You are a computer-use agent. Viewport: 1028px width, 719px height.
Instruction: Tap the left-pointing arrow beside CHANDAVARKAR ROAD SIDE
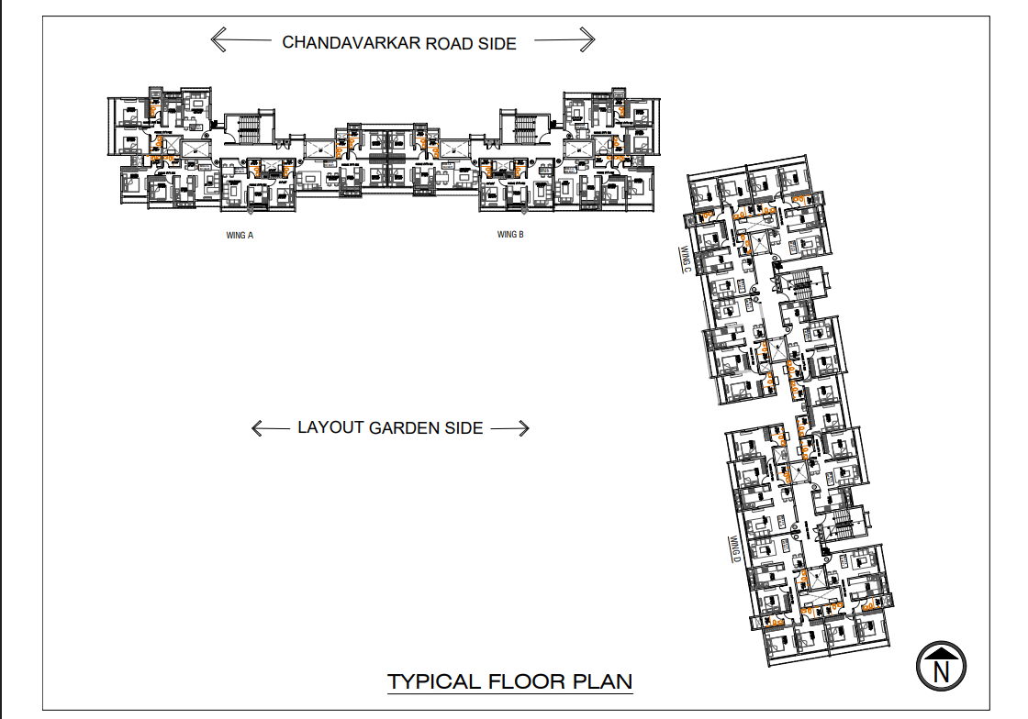[x=240, y=40]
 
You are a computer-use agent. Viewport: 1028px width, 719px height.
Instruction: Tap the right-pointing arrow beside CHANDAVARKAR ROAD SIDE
[x=564, y=39]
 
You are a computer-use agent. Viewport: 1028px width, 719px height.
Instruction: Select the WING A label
[x=240, y=236]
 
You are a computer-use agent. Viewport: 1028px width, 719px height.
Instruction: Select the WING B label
[x=510, y=235]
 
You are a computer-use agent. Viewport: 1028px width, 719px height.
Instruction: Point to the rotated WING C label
[x=685, y=260]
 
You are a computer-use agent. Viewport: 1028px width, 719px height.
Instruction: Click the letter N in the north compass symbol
[x=941, y=669]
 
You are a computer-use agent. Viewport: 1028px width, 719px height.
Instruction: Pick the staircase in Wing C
[x=804, y=285]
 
